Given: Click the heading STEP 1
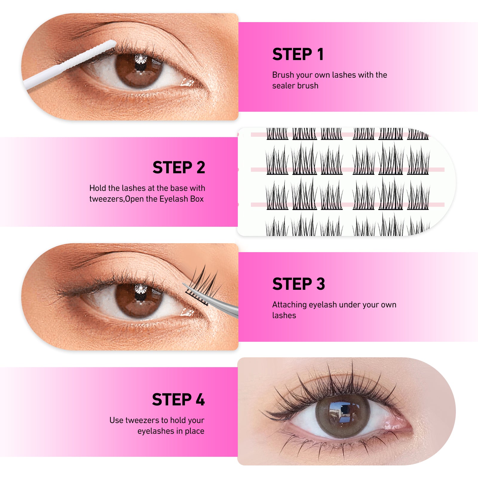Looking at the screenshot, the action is [x=298, y=54].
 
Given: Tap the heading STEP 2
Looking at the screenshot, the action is [x=179, y=167].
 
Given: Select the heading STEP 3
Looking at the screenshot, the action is [x=298, y=284].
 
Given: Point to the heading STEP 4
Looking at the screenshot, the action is [x=178, y=399].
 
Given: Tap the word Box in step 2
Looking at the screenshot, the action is [x=197, y=199].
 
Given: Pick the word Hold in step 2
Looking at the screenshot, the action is [x=98, y=188].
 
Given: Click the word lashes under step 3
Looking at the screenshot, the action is [x=284, y=315].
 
